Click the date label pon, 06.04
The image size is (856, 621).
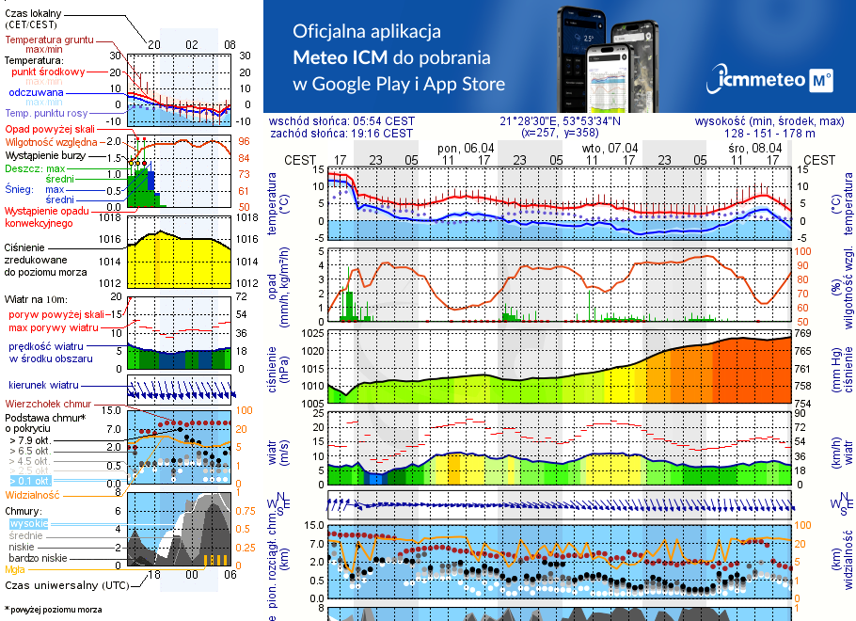coord(466,148)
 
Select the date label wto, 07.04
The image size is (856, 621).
coord(610,148)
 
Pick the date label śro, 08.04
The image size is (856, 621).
coord(754,148)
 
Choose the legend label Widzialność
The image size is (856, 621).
coord(32,494)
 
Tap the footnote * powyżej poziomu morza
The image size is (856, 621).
coord(52,610)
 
